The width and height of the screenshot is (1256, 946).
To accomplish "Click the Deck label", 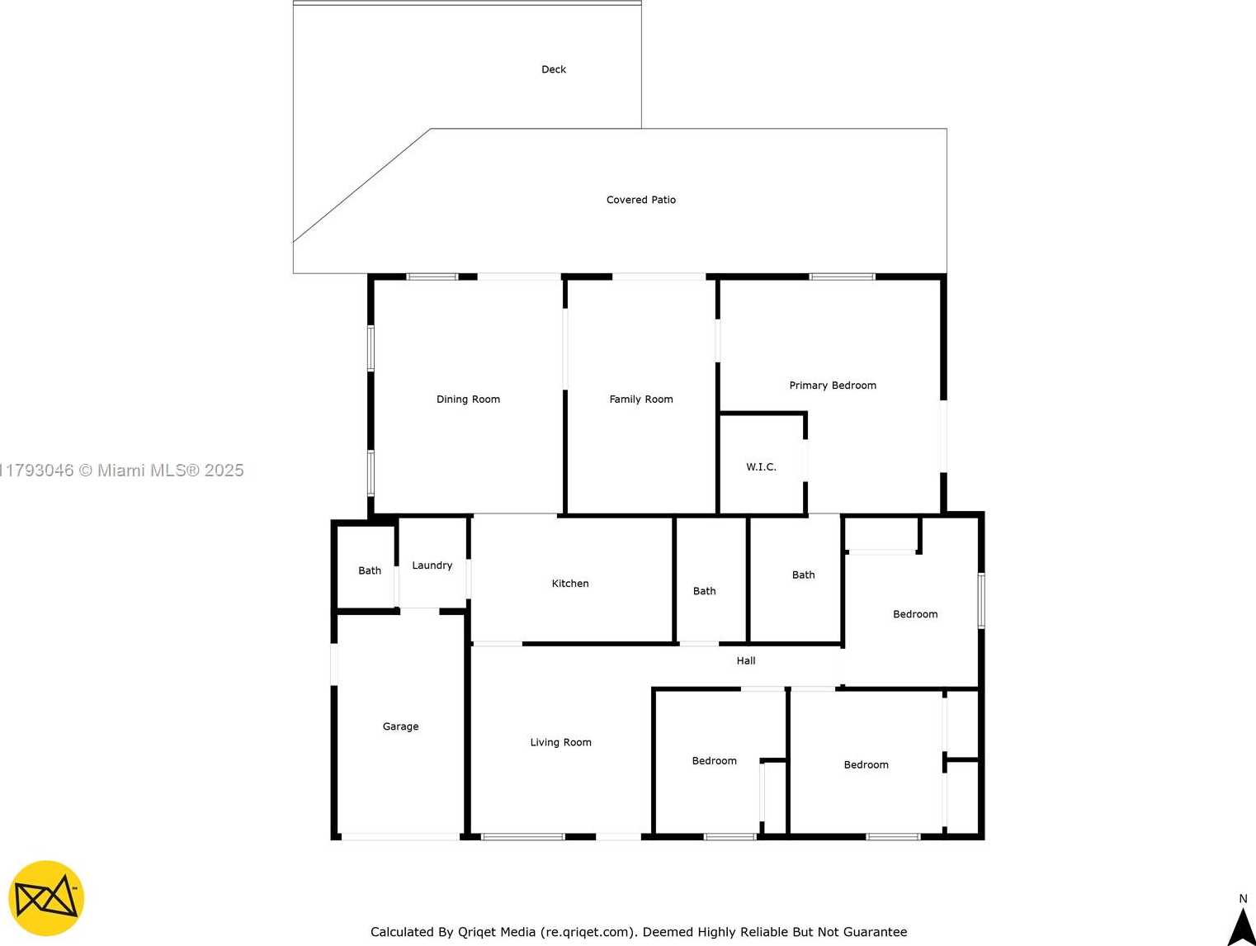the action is tap(554, 69).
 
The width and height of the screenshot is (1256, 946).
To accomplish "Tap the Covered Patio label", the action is tap(641, 200).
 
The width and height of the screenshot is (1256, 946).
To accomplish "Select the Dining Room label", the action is tap(468, 400).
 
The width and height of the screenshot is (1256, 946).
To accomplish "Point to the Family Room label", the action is tap(641, 400).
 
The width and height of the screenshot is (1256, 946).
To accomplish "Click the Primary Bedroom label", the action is tap(833, 385).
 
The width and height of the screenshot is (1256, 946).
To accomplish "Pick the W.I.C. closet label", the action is tap(761, 467).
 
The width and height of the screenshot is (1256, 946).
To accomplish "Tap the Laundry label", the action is tap(432, 565).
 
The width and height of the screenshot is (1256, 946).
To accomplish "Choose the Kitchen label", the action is tap(570, 583).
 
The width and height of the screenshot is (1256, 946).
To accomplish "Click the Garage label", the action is tap(400, 726).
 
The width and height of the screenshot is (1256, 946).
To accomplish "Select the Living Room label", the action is tap(561, 742).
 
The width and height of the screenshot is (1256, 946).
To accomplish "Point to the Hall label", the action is tap(745, 660).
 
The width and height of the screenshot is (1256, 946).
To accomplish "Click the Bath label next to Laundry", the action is tap(370, 570).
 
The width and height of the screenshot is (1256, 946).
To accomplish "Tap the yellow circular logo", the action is tap(46, 898).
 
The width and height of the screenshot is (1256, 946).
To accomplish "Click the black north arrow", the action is tap(1242, 926).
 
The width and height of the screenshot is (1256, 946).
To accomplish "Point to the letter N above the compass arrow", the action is tap(1243, 898).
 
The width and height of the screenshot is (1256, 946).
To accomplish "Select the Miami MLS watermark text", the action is tap(122, 471).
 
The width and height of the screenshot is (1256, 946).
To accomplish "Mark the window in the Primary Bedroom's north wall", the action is tap(842, 277).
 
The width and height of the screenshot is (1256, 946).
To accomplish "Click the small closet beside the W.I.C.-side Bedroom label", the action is tap(881, 534).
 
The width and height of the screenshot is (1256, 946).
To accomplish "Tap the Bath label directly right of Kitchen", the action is tap(705, 591).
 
